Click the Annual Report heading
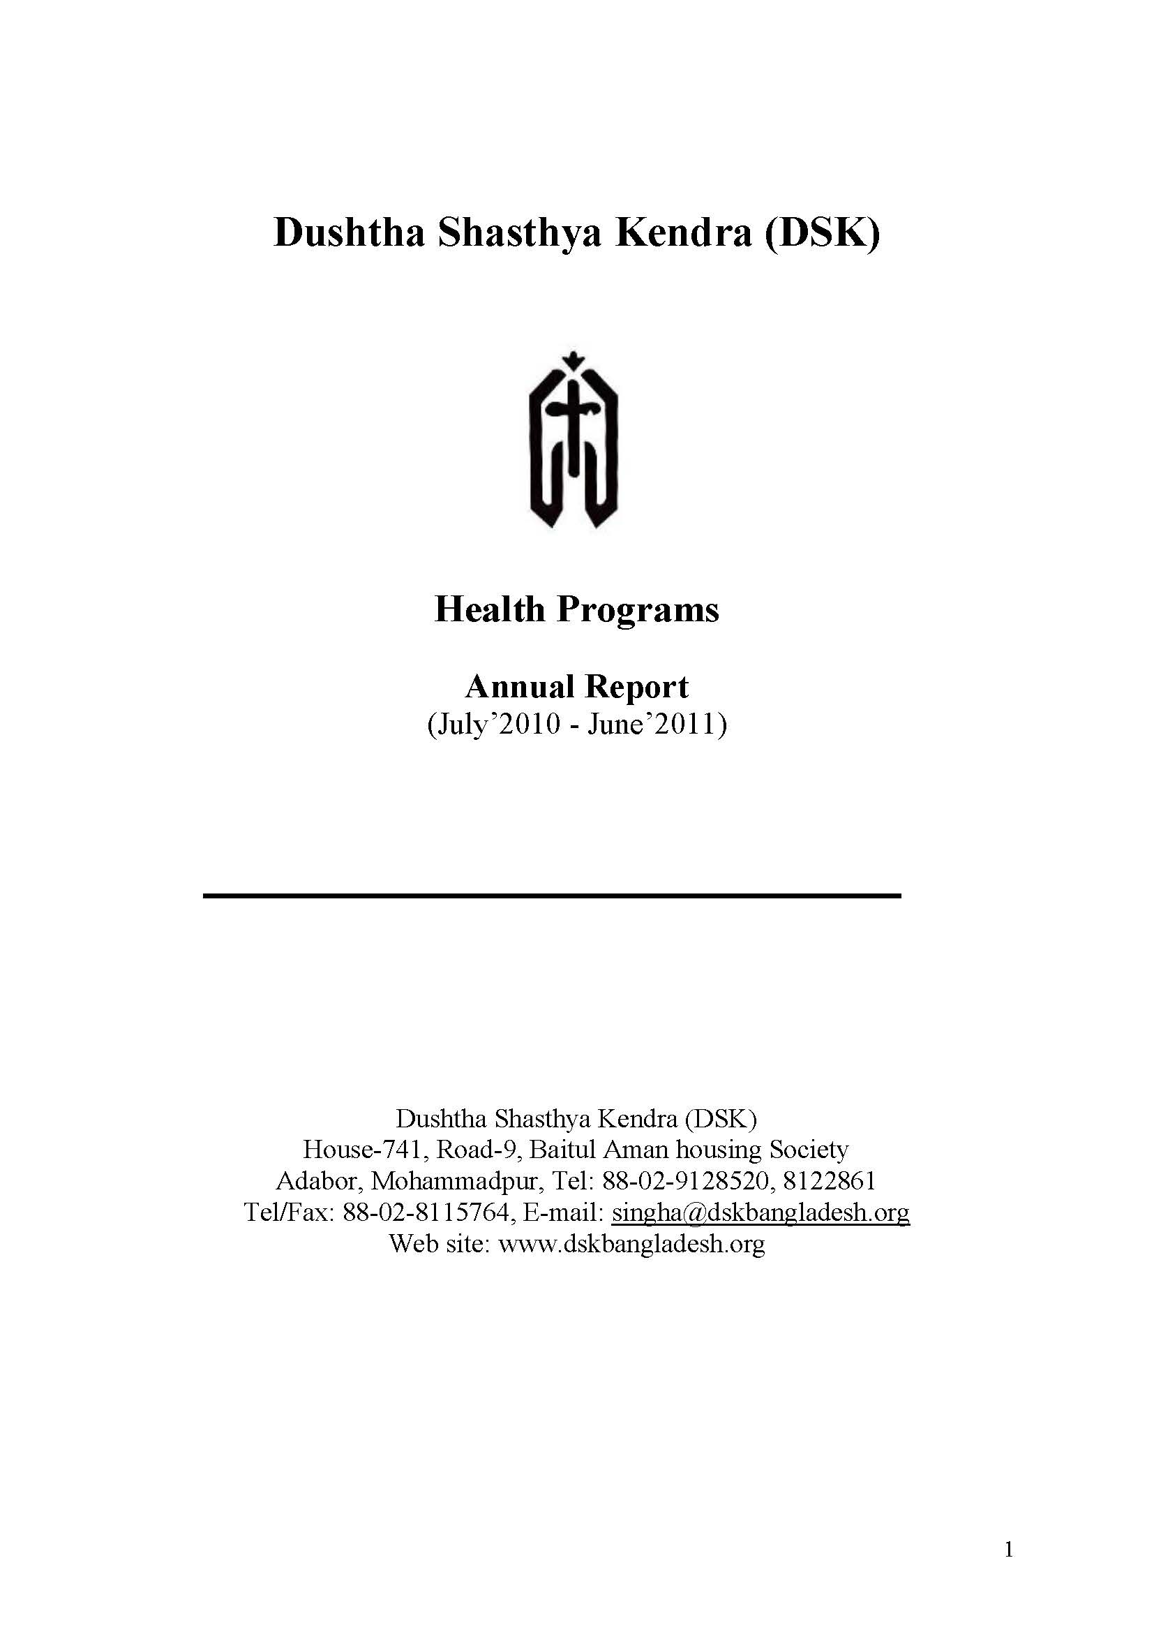(x=576, y=687)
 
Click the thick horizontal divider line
(x=551, y=896)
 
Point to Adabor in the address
(x=319, y=1180)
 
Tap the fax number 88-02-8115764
(x=426, y=1212)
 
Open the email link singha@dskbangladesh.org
(x=760, y=1212)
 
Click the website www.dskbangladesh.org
(x=631, y=1243)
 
